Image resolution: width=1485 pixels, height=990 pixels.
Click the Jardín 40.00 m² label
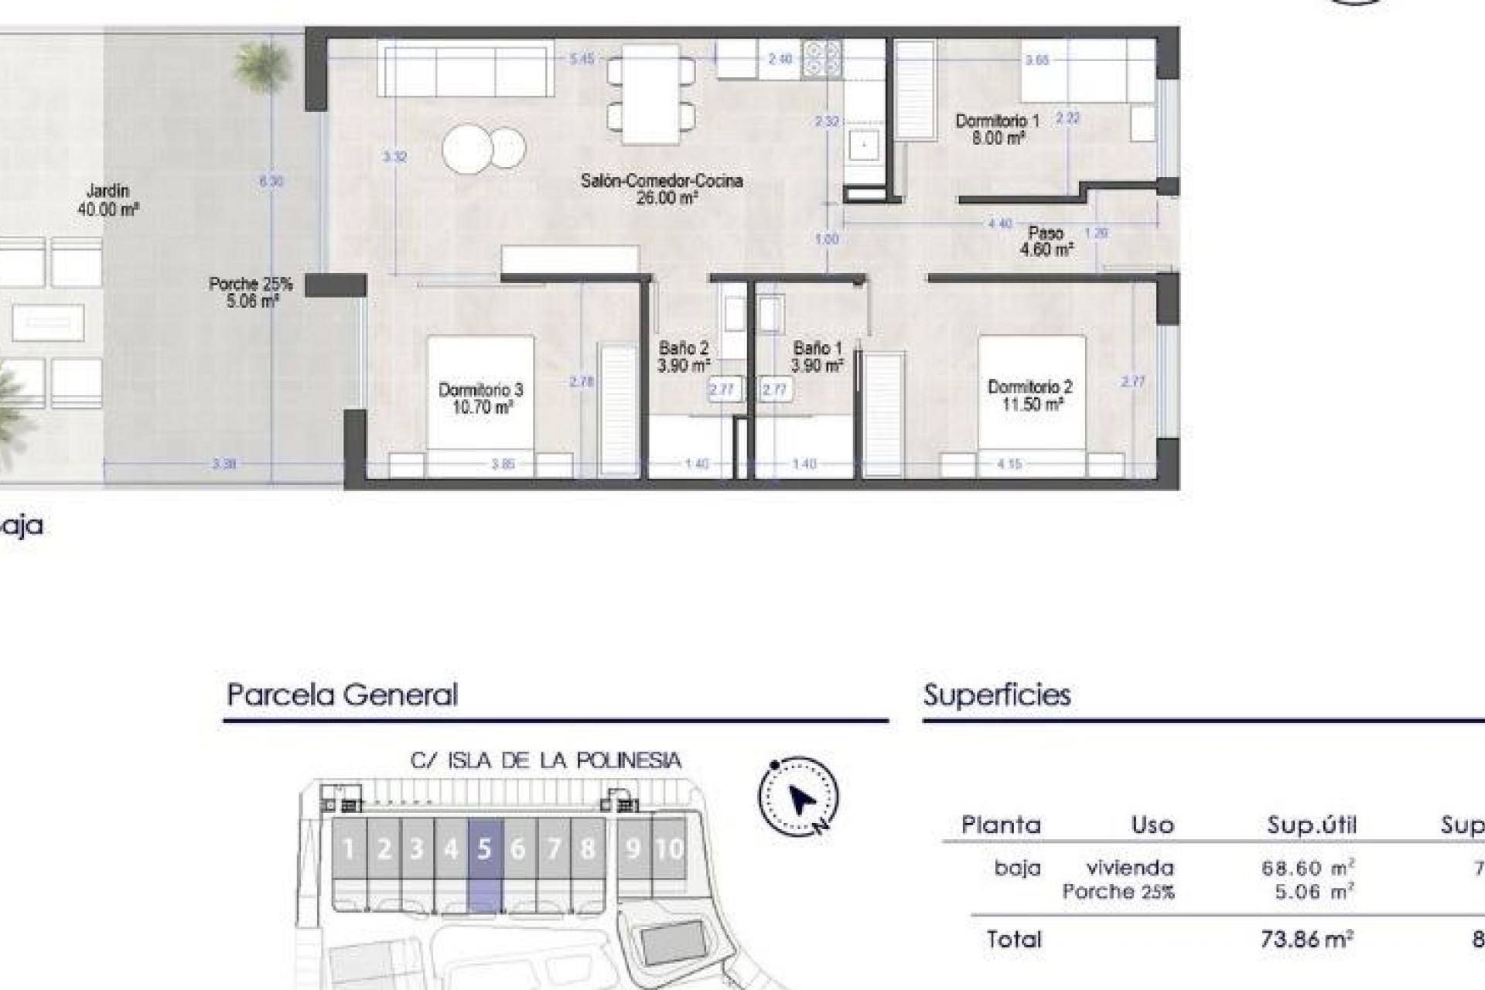coord(108,200)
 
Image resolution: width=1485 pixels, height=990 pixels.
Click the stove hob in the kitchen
coord(821,59)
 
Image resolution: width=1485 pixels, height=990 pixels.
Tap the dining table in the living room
coord(650,94)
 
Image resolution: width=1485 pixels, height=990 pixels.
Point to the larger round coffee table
coord(468,148)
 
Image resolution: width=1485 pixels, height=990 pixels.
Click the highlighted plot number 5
coord(485,849)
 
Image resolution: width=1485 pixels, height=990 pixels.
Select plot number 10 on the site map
coord(669,849)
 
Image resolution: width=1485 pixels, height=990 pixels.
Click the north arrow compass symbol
coord(799,797)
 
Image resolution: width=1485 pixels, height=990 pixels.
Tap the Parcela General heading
coord(342,695)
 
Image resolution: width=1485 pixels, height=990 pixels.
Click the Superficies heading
coord(997,695)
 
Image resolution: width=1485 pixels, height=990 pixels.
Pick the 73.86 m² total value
coord(1306,939)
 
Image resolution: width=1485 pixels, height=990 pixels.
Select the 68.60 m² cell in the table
coord(1307,868)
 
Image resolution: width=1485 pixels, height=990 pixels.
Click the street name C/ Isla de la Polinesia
coord(545,760)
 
